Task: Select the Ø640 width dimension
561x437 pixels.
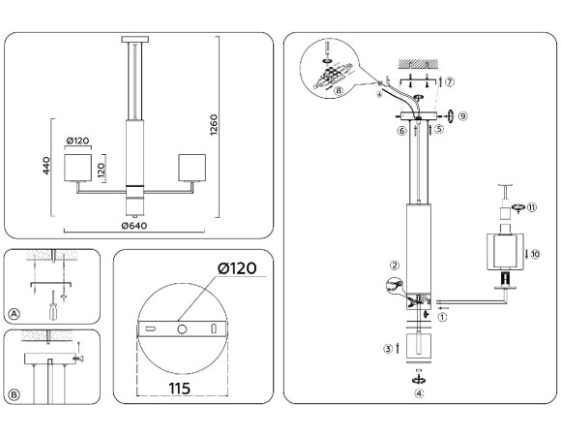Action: click(133, 228)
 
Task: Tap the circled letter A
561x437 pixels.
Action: click(14, 313)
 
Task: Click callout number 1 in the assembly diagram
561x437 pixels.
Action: click(444, 316)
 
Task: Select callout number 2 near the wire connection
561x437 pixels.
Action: click(394, 265)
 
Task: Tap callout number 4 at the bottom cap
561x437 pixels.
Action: click(419, 393)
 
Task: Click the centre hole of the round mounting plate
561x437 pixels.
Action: click(180, 330)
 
